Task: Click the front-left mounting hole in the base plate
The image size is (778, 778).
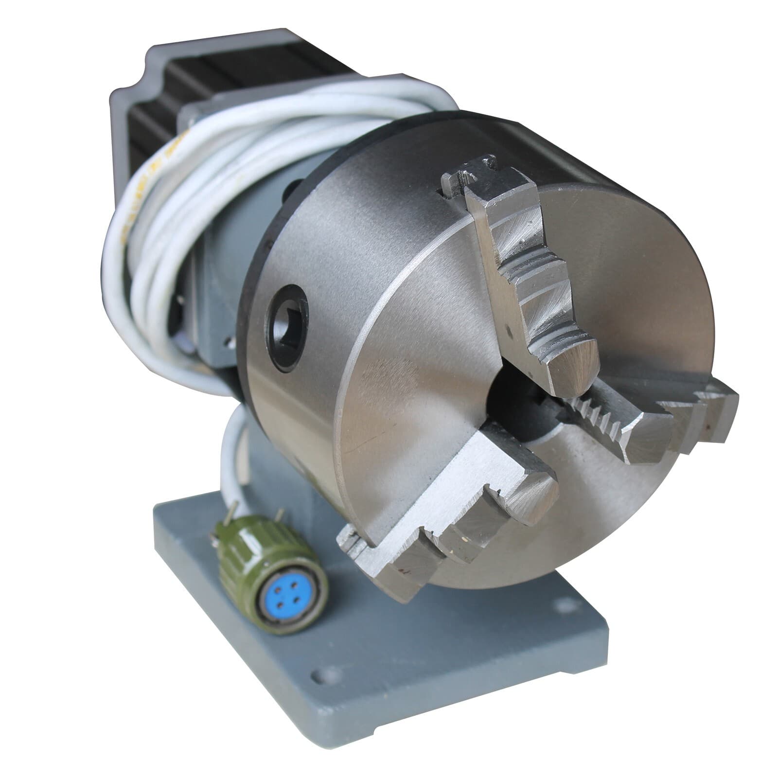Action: point(318,676)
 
